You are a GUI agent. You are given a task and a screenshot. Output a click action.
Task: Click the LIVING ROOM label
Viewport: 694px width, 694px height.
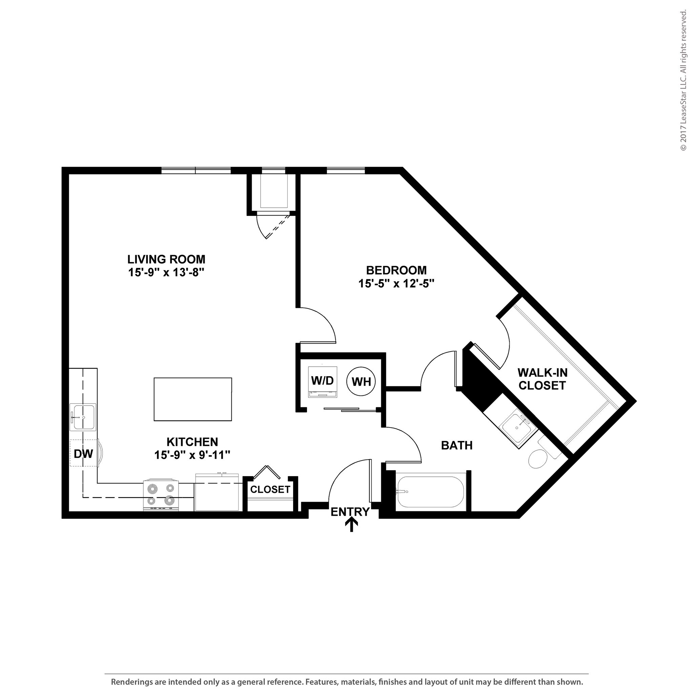coord(166,259)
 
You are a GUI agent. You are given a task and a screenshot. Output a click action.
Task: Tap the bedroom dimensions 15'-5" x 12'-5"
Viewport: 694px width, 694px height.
coord(396,284)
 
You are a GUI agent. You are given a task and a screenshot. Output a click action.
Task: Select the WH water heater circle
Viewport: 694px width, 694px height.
coord(361,382)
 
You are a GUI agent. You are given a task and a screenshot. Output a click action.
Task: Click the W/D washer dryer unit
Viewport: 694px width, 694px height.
coord(323,382)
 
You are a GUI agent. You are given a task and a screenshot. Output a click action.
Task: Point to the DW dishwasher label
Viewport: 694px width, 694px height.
coord(83,454)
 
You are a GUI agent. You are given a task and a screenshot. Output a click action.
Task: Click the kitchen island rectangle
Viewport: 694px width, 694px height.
coord(192,399)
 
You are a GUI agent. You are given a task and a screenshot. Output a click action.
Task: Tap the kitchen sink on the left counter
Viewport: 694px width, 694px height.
coord(83,417)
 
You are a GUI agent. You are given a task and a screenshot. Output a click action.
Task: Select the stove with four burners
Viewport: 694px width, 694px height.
coord(161,495)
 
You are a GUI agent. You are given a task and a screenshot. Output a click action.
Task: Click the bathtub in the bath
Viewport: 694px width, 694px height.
coord(430,492)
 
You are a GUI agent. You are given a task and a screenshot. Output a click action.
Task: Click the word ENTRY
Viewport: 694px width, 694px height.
coord(350,511)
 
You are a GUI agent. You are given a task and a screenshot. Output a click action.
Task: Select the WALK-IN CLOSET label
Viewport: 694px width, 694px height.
coord(543,379)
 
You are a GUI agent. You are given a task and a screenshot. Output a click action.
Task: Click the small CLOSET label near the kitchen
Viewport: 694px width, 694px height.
coord(270,489)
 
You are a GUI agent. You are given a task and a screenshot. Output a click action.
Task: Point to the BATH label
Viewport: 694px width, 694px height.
coord(456,445)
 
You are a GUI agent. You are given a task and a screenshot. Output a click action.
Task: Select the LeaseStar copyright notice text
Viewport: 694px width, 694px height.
coord(683,81)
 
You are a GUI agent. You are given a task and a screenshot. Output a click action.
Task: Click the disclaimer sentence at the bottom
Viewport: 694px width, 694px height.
coord(347,682)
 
